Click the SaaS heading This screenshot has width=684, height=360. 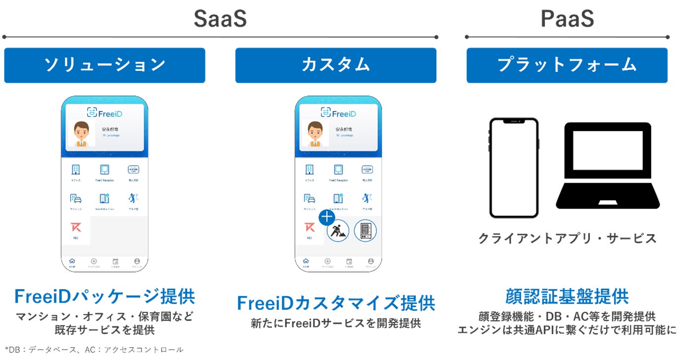(220, 19)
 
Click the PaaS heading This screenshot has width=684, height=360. (567, 19)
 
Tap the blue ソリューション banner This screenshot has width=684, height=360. (105, 65)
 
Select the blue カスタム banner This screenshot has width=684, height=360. (336, 65)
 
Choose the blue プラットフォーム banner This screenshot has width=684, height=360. (567, 65)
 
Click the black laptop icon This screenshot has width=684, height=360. (609, 165)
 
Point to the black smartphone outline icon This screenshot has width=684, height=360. (514, 167)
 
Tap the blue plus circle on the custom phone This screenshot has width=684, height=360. (326, 217)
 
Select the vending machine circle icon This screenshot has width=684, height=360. (365, 230)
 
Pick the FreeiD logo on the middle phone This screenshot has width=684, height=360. (339, 113)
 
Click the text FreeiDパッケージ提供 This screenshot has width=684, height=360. (105, 297)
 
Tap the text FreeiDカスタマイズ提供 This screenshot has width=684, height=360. (336, 303)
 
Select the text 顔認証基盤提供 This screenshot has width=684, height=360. (567, 296)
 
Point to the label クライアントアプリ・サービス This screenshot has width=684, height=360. (567, 238)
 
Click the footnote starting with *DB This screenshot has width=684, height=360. (94, 350)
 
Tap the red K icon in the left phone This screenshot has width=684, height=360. (76, 228)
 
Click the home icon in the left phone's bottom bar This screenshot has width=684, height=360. (72, 261)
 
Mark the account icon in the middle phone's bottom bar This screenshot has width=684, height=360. (370, 261)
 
